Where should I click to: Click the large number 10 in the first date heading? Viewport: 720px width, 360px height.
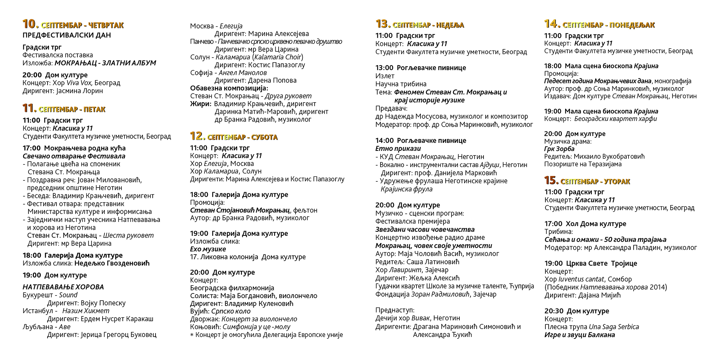(30, 24)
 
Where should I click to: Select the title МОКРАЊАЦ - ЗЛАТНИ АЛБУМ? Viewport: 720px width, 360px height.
(105, 63)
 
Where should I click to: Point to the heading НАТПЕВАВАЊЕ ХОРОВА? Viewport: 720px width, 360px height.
(63, 287)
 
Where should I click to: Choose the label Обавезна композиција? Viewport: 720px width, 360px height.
(229, 88)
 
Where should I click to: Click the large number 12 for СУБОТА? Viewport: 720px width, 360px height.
(197, 136)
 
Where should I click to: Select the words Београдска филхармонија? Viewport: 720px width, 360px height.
(232, 288)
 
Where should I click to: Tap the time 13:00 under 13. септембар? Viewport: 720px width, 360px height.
(384, 68)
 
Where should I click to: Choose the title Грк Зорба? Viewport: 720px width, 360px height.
(559, 149)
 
